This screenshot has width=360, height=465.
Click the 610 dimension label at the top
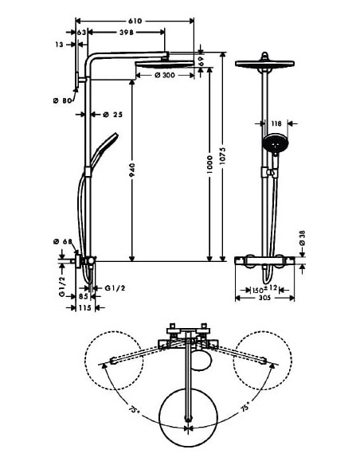pyautogui.click(x=135, y=21)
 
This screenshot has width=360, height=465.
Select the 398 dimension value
pyautogui.click(x=126, y=32)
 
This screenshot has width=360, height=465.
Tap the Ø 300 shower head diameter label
pyautogui.click(x=165, y=76)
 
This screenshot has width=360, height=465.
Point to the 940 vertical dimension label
pyautogui.click(x=132, y=170)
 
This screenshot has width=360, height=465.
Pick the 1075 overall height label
pyautogui.click(x=223, y=155)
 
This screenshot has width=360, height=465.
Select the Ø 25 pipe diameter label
pyautogui.click(x=112, y=115)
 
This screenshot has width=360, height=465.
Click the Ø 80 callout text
pyautogui.click(x=63, y=101)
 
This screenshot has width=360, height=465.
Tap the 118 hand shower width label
pyautogui.click(x=276, y=123)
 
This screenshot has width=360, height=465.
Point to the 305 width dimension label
pyautogui.click(x=264, y=298)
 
